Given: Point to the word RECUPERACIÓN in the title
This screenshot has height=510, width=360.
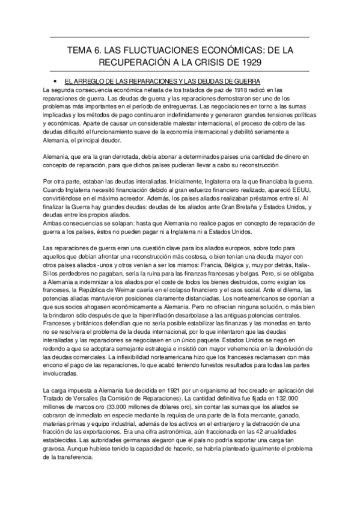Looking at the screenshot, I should pyautogui.click(x=128, y=63).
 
